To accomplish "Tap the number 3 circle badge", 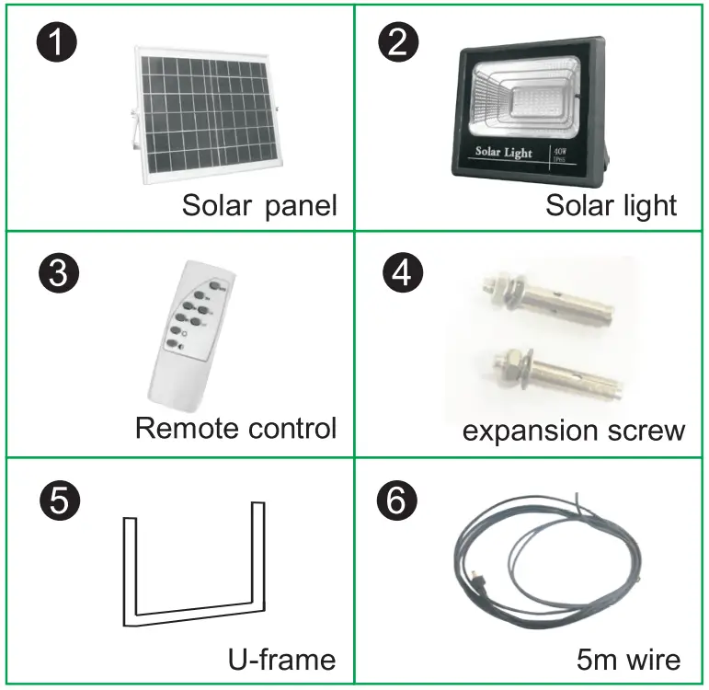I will click(x=58, y=274).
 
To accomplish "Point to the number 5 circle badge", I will click(x=58, y=502).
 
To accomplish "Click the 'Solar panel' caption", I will click(x=259, y=204).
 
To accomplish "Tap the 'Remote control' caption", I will click(x=235, y=428).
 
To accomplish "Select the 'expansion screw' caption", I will click(x=573, y=431).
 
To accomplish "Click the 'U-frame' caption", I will click(x=281, y=659).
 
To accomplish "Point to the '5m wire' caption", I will click(x=629, y=659).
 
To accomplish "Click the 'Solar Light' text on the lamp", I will click(x=503, y=152).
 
